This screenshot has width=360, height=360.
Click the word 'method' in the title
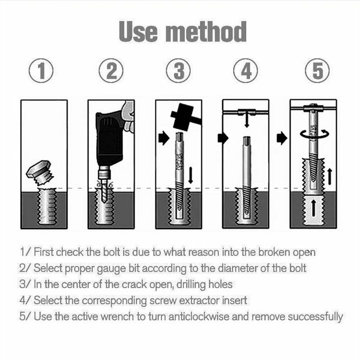206,31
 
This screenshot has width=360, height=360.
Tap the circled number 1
41,71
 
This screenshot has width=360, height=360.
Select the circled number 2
111,71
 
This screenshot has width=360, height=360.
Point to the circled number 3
178,71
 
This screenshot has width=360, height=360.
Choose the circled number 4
245,71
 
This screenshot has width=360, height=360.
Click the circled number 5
317,71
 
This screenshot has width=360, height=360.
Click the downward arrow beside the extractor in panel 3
190,175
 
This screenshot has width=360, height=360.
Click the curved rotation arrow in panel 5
314,134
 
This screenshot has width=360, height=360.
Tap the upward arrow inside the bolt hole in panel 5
314,208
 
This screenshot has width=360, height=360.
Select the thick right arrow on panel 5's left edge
282,138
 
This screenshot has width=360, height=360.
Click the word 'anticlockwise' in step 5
199,317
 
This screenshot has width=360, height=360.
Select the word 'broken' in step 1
274,252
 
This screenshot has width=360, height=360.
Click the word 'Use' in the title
138,31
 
